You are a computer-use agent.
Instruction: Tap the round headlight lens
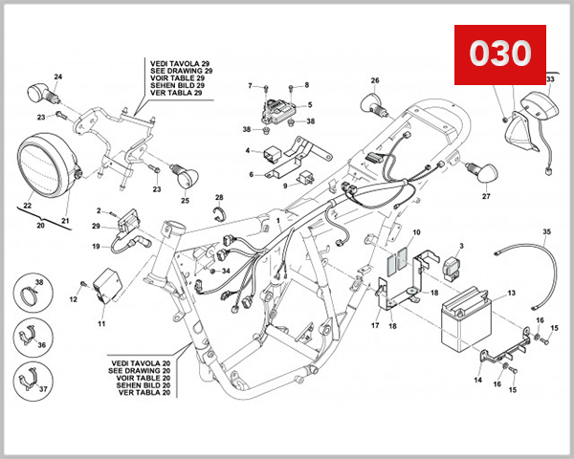[x=47, y=167]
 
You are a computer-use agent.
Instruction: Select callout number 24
[x=57, y=76]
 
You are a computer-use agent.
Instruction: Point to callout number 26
[x=376, y=80]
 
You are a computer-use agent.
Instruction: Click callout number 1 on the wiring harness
[x=278, y=221]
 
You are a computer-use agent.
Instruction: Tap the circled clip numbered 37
[x=33, y=382]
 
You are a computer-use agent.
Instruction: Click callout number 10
[x=416, y=233]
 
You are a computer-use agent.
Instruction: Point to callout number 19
[x=96, y=247]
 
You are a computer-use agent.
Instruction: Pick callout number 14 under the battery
[x=479, y=380]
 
